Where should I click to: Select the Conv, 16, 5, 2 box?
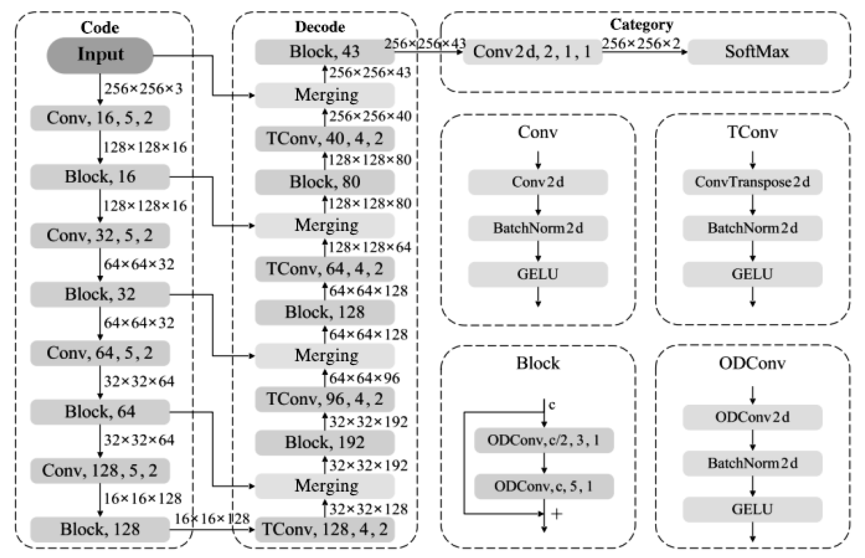(100, 118)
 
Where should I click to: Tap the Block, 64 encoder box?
(100, 412)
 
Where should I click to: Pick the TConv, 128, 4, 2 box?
(325, 529)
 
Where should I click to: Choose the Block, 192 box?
(325, 442)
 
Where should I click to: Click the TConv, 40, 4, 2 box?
(325, 138)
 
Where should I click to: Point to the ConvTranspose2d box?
(752, 182)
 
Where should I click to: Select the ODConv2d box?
(752, 417)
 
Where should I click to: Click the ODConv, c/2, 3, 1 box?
(544, 440)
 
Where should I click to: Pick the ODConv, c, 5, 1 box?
(544, 486)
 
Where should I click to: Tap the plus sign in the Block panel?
(557, 513)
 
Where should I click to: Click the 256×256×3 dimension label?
(144, 89)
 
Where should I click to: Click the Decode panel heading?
(320, 27)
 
